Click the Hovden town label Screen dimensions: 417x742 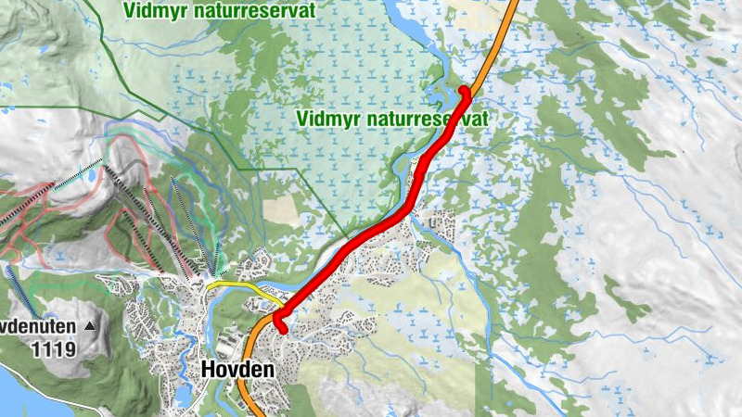(237, 370)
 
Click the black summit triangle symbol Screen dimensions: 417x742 (89, 326)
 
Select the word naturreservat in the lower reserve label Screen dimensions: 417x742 (427, 119)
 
